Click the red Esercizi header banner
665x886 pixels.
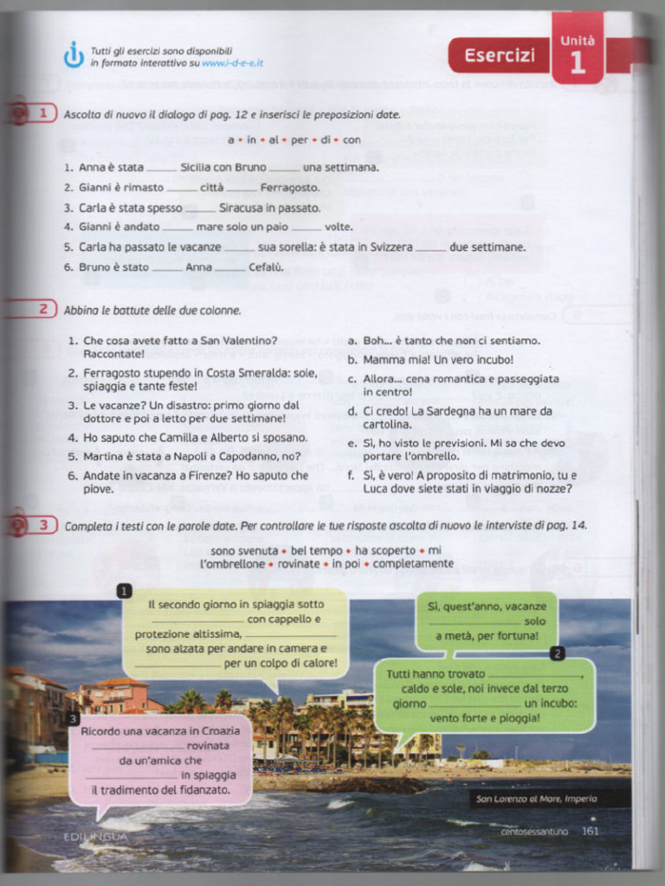pos(499,56)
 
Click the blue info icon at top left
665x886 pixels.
pos(74,55)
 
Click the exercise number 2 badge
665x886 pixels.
pos(42,309)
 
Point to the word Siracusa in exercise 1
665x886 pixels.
pos(244,208)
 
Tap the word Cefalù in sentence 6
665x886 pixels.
pos(266,267)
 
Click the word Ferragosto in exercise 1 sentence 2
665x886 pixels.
pos(289,188)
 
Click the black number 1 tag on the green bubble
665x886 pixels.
pos(124,591)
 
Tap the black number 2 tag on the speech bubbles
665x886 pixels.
pos(557,653)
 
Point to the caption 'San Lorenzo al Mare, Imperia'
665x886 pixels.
pos(536,799)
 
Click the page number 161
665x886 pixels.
pos(590,831)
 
